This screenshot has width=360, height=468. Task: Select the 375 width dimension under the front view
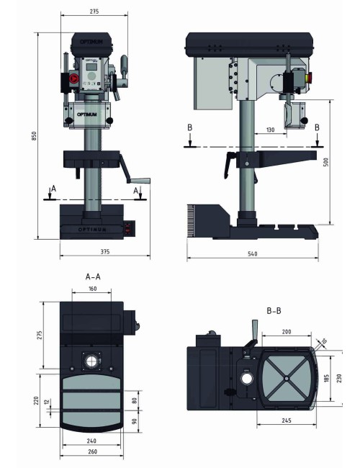point(105,251)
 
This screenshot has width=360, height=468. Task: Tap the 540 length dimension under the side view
point(253,253)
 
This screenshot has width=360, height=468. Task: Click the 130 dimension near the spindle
point(269,130)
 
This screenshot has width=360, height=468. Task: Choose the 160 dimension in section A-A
point(92,289)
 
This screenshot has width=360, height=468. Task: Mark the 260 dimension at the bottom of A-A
point(92,451)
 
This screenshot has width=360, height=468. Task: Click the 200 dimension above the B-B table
point(287,333)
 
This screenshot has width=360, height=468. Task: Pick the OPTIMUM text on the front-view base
point(91,229)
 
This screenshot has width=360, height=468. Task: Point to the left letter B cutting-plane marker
point(189,128)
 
